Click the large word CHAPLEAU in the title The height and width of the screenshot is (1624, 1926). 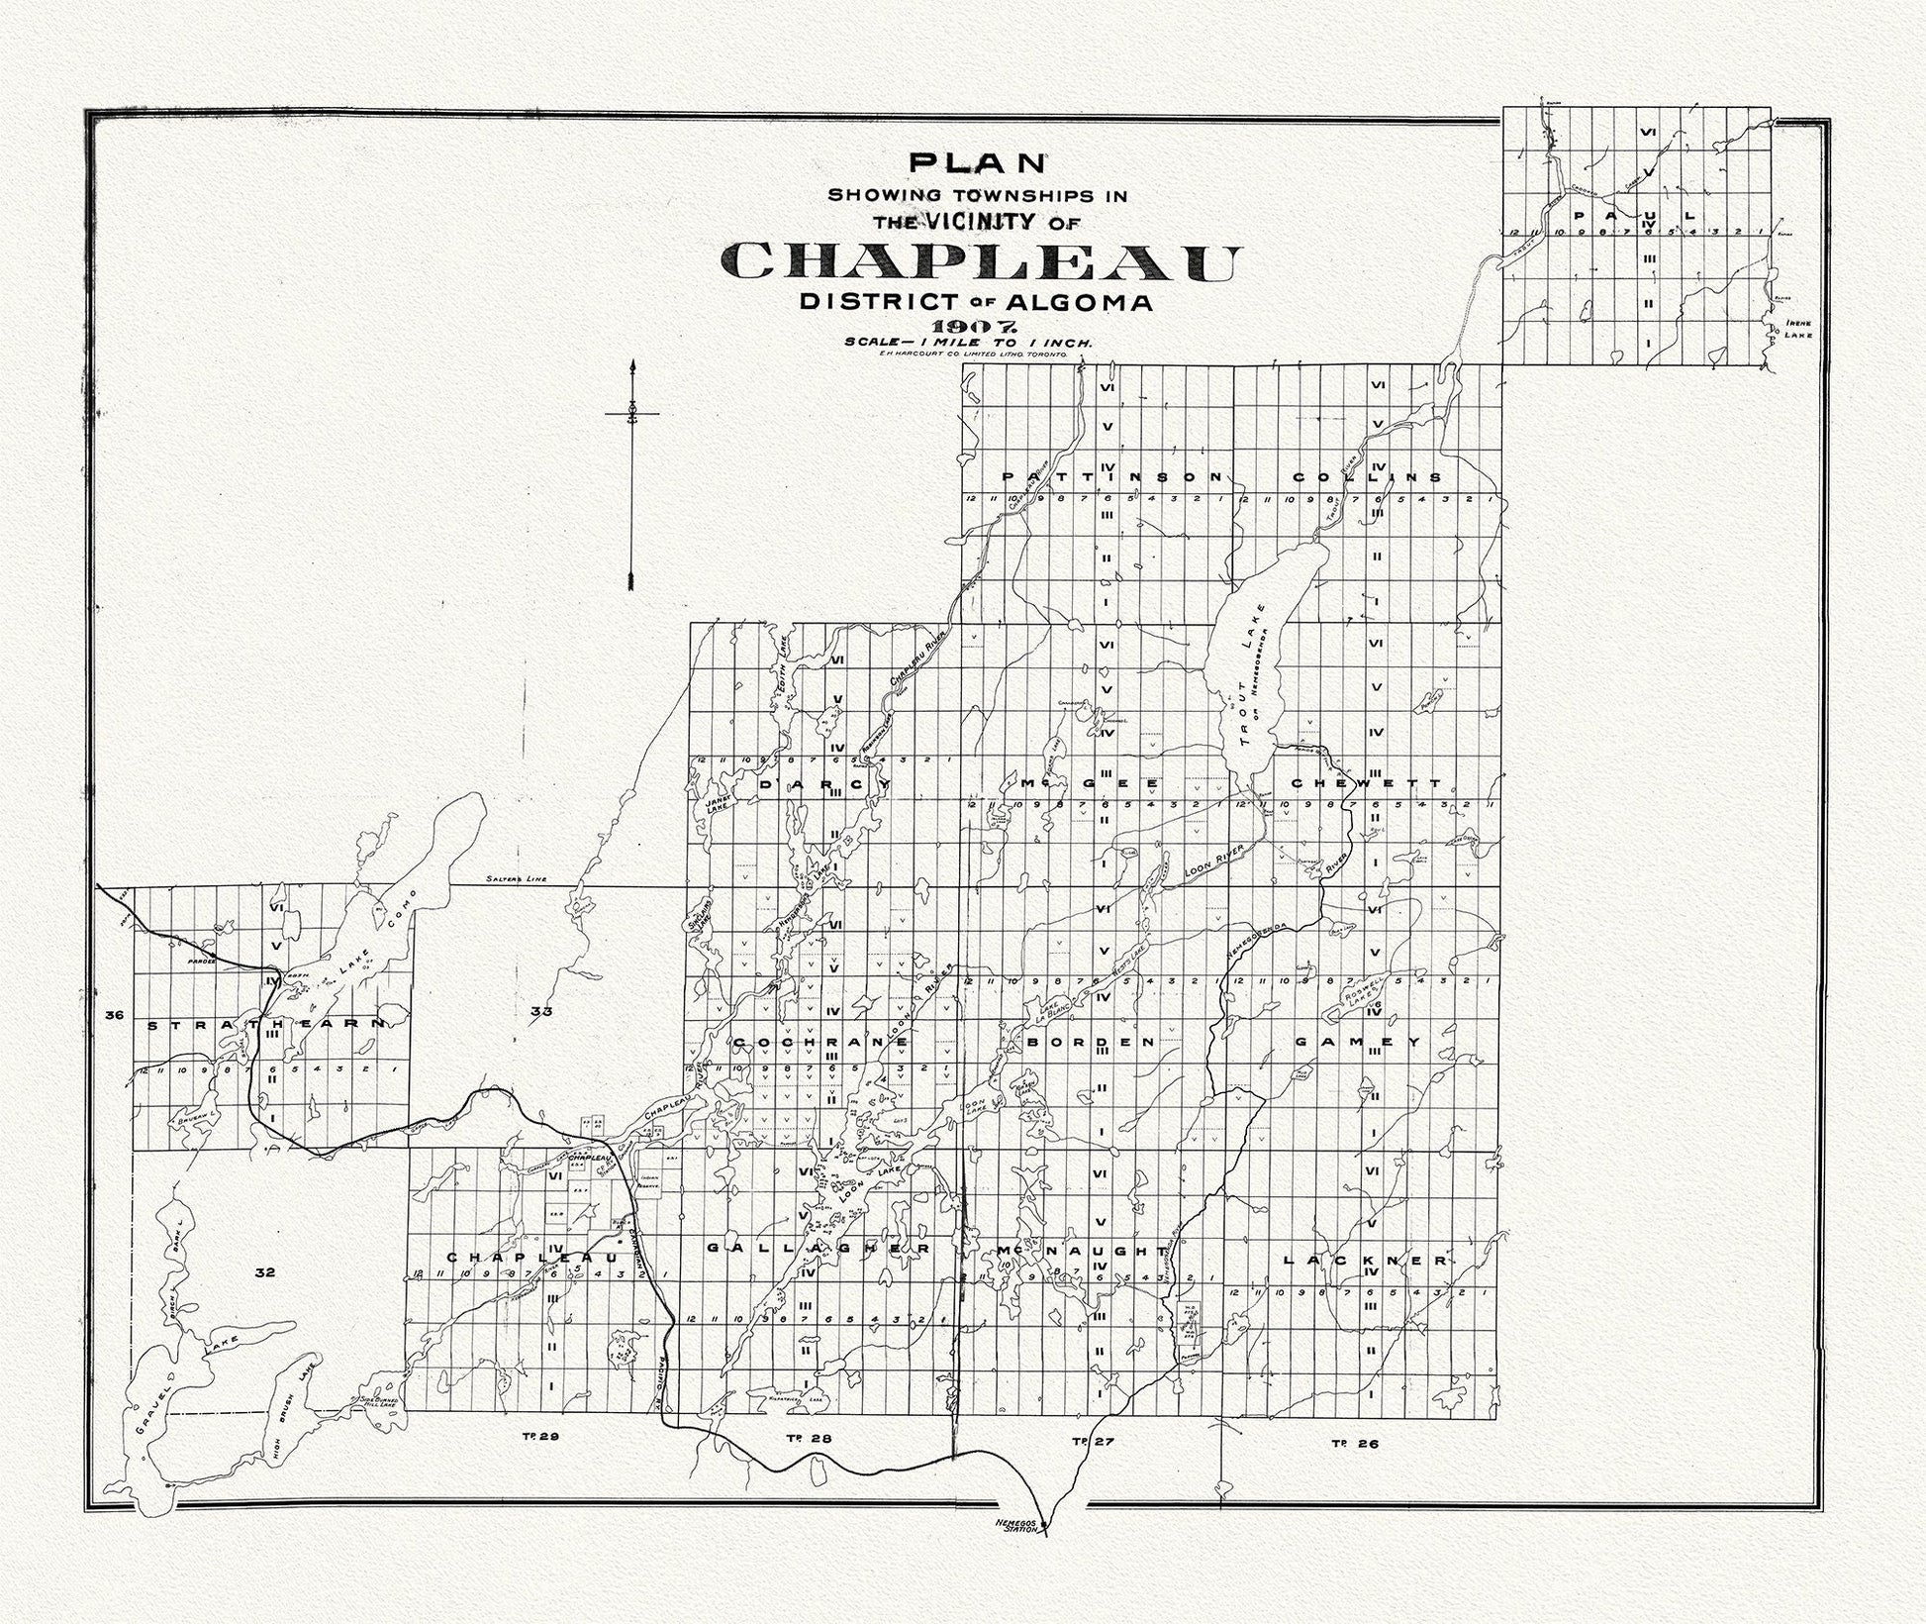(980, 262)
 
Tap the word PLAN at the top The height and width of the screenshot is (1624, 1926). (977, 161)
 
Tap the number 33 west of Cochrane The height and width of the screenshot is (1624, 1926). (540, 1012)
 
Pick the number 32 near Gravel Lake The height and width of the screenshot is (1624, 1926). (263, 1272)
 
